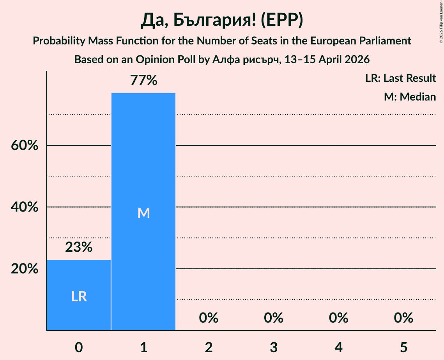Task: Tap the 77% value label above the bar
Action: [143, 81]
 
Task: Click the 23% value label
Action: [79, 247]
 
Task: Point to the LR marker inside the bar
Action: [79, 297]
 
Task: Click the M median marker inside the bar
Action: [143, 213]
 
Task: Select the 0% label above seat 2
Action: [209, 318]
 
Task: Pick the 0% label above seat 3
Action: [274, 318]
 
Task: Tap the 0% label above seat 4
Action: [338, 318]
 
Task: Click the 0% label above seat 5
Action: [403, 318]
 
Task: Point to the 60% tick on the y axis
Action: [24, 146]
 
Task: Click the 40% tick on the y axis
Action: [24, 207]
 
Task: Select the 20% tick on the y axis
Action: [24, 269]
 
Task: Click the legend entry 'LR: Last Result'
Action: [400, 78]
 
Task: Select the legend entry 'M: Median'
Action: [410, 97]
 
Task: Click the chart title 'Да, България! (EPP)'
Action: [222, 21]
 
